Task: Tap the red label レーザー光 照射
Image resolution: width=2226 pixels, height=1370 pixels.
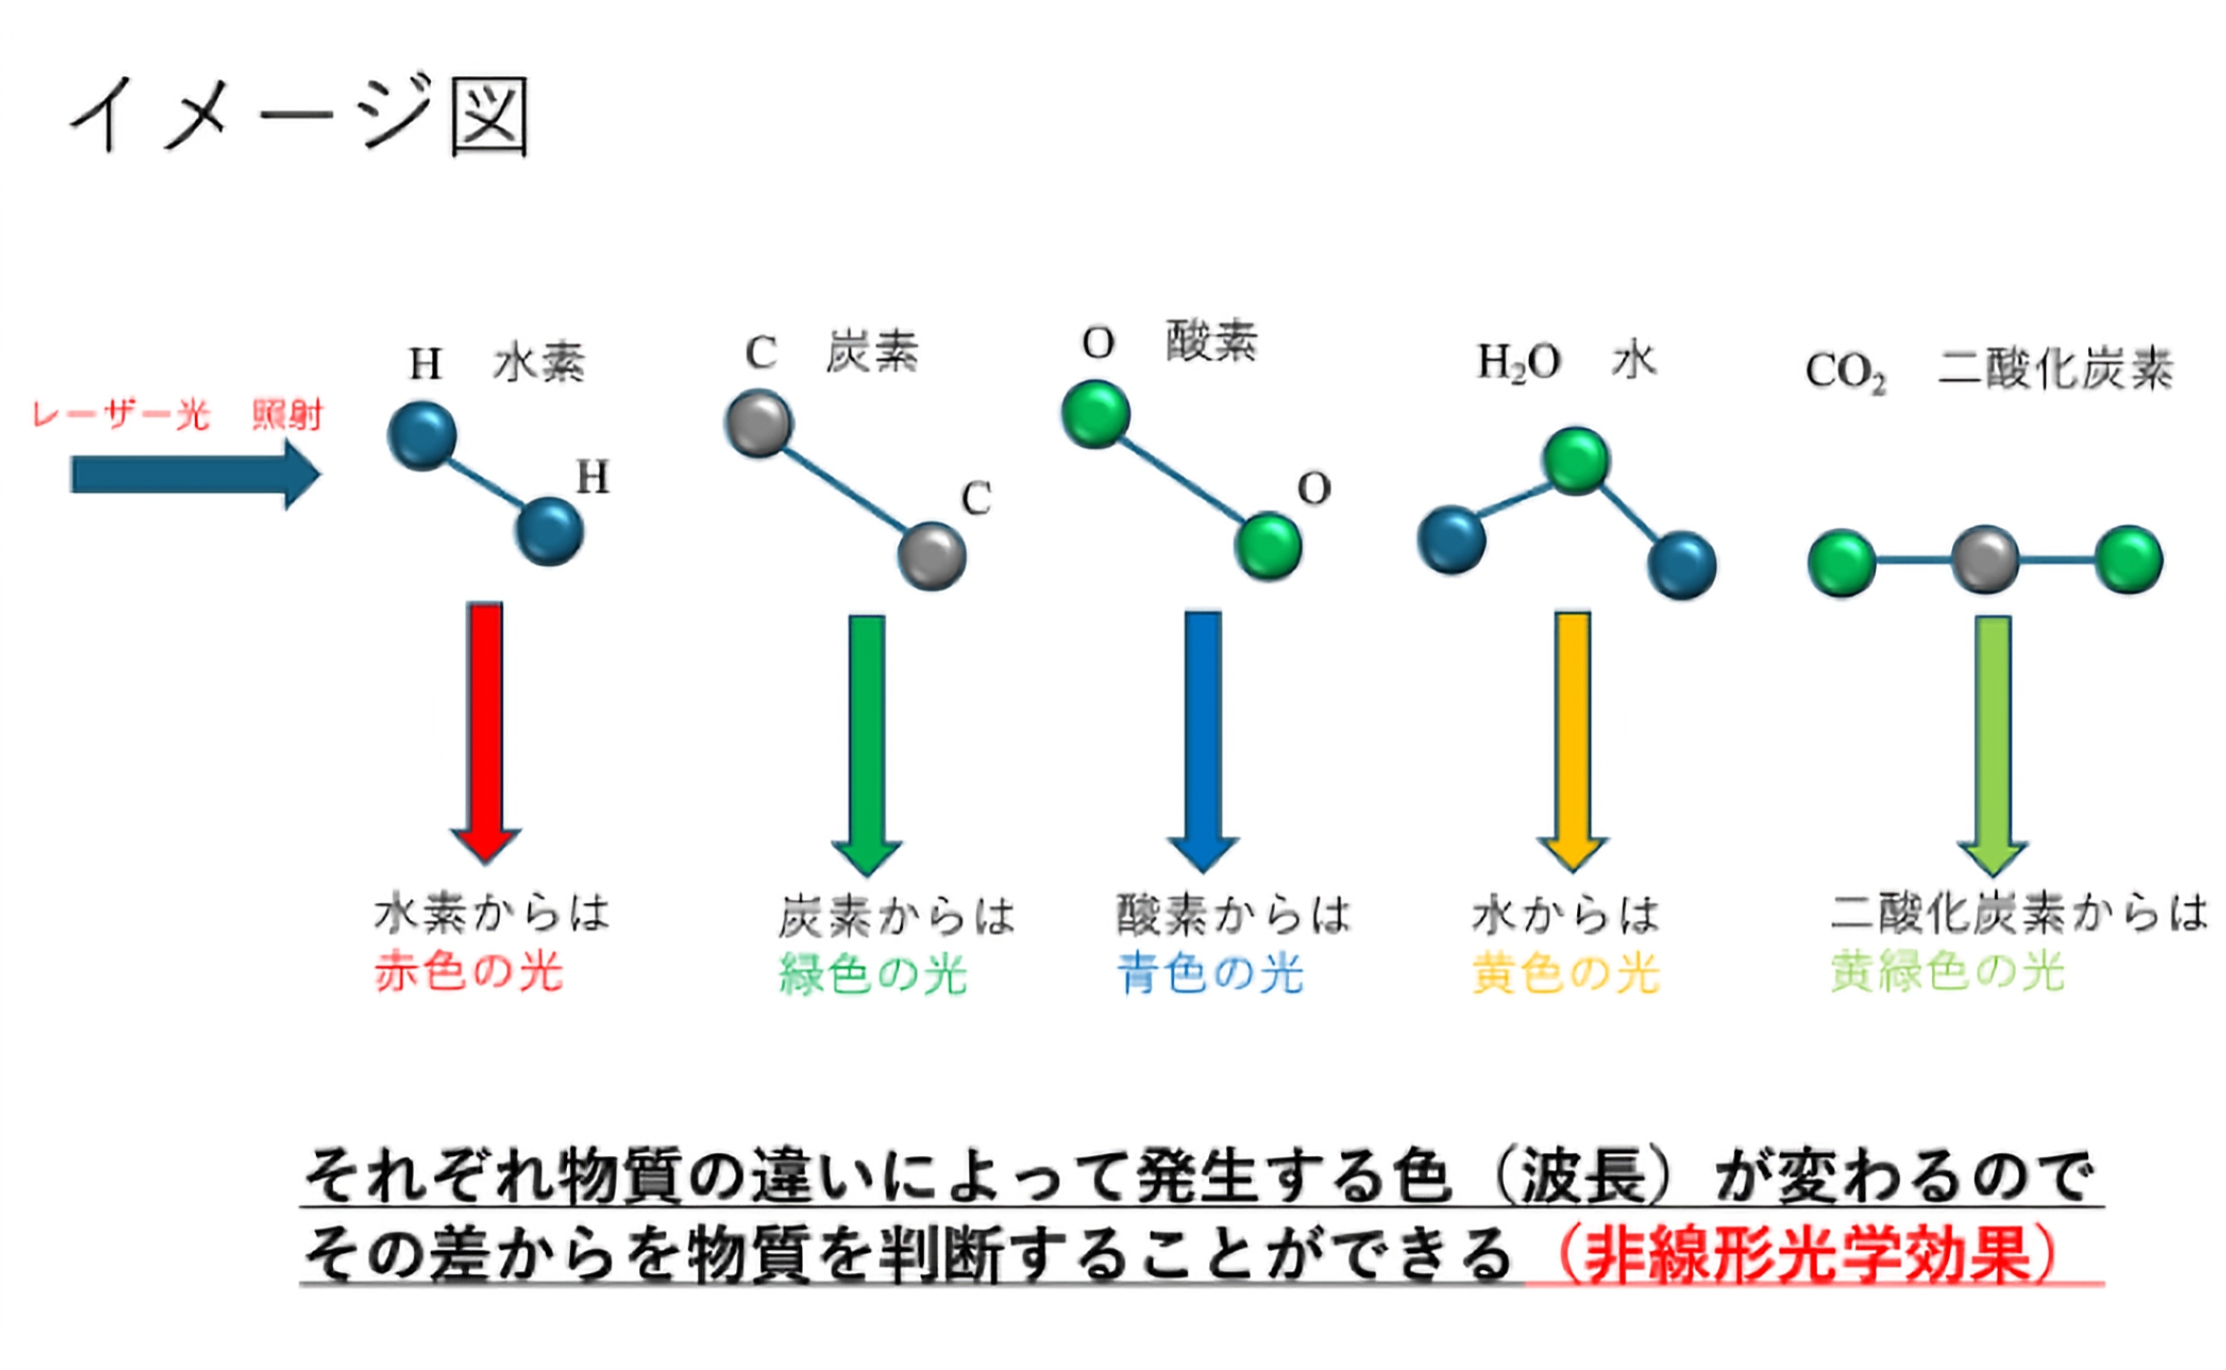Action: point(178,416)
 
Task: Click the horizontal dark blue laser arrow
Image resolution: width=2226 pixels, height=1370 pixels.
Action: point(196,474)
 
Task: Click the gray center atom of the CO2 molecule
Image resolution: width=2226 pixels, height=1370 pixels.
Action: point(1985,560)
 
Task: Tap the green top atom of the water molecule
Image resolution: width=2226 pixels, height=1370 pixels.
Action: point(1576,461)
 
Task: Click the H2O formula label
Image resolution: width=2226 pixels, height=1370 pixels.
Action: point(1519,362)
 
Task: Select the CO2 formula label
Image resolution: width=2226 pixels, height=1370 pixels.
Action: point(1845,372)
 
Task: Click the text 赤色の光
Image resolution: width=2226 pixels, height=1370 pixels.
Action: point(469,972)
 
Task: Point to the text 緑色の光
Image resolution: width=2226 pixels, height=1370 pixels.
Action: point(873,974)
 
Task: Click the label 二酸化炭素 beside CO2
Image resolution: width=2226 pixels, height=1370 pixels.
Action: point(2056,369)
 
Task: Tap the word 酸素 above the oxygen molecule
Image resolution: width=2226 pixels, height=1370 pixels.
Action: point(1212,341)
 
